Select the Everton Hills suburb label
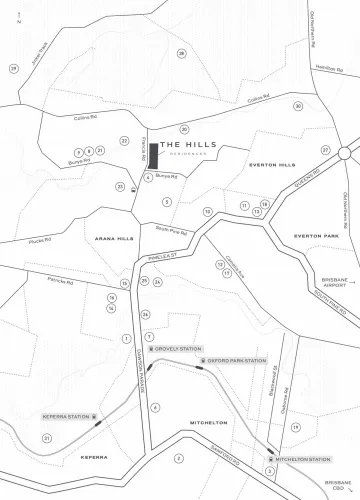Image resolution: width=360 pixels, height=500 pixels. pos(272,163)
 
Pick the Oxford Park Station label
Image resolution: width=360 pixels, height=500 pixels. pos(235,360)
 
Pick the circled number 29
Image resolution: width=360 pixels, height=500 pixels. pos(14,68)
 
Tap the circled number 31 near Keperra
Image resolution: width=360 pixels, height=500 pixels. pos(47,438)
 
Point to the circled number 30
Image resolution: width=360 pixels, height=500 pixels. pos(298,106)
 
